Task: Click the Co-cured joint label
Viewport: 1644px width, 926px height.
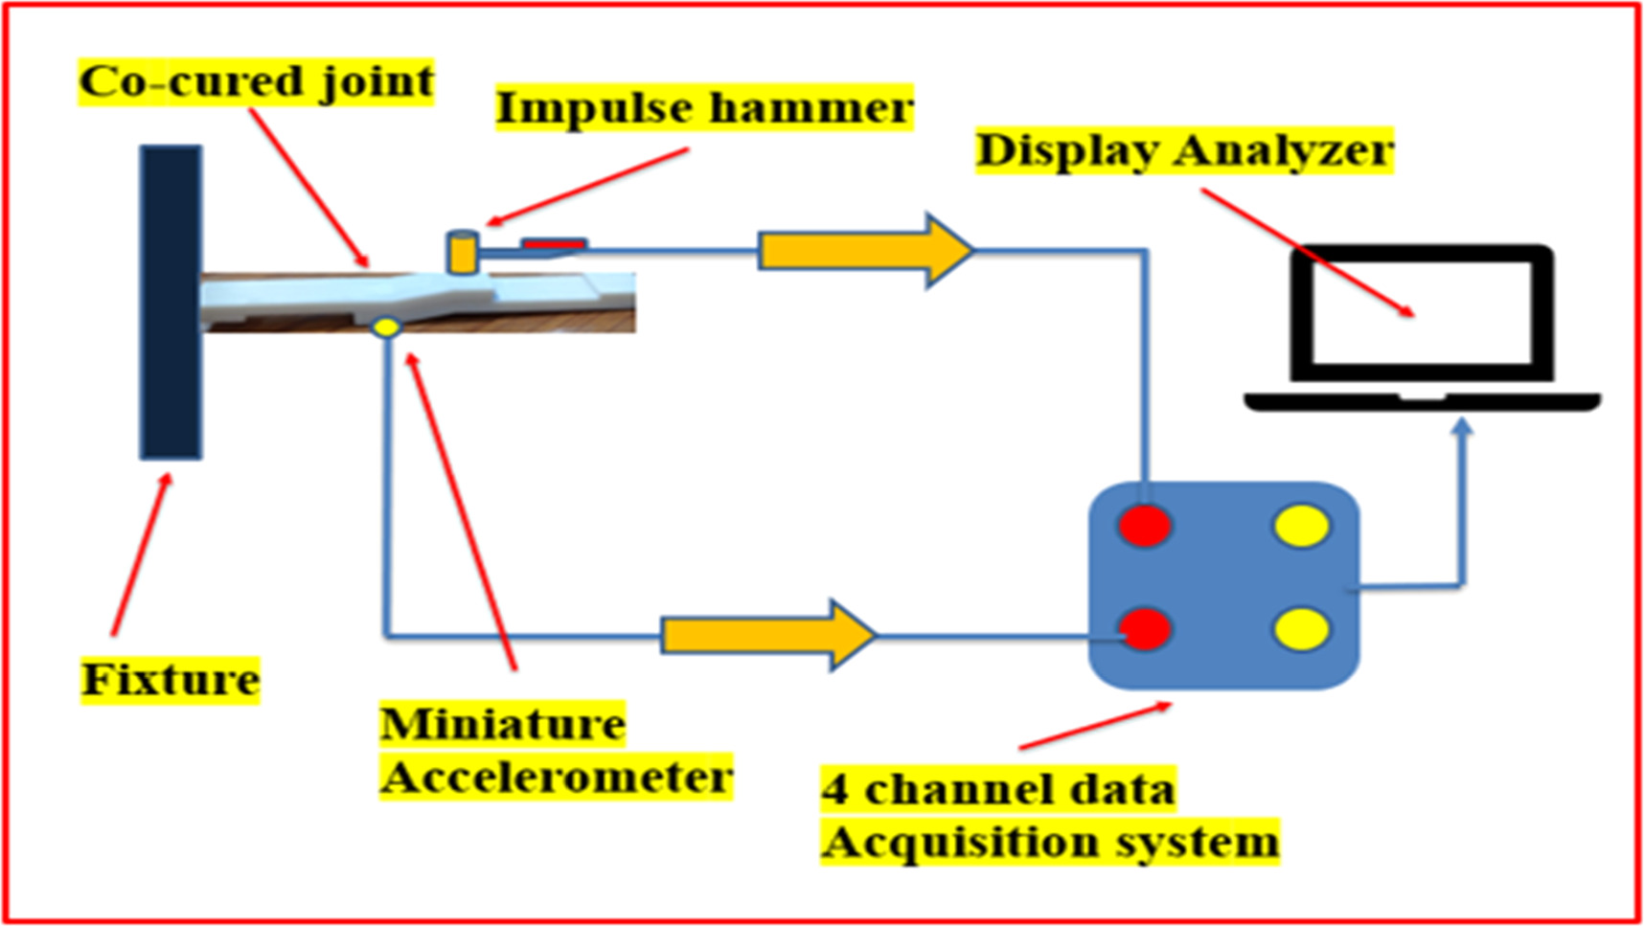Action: pyautogui.click(x=256, y=82)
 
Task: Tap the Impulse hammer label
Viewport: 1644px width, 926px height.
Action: pyautogui.click(x=704, y=107)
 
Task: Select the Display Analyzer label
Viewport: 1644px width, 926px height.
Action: pyautogui.click(x=1184, y=150)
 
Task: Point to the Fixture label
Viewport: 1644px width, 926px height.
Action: pyautogui.click(x=171, y=680)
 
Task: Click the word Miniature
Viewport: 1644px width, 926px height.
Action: pyautogui.click(x=503, y=724)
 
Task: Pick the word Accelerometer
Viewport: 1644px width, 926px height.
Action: pyautogui.click(x=557, y=777)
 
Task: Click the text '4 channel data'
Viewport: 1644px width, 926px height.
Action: pyautogui.click(x=997, y=790)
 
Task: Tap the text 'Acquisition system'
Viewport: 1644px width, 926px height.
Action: pyautogui.click(x=1050, y=843)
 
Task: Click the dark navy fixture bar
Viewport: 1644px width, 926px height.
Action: pyautogui.click(x=171, y=302)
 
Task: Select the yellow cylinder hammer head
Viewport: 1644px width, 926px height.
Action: pyautogui.click(x=463, y=252)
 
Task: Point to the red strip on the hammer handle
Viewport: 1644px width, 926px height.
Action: pyautogui.click(x=554, y=245)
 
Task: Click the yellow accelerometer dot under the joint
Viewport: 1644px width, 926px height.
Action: pyautogui.click(x=386, y=327)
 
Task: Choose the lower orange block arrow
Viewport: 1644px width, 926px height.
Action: pyautogui.click(x=767, y=634)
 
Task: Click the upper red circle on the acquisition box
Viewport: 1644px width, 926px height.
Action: pyautogui.click(x=1145, y=526)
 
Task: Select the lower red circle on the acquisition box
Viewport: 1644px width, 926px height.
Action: pyautogui.click(x=1145, y=629)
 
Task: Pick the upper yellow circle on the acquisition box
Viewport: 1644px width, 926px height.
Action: pyautogui.click(x=1302, y=526)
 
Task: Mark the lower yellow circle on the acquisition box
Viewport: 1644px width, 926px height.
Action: pyautogui.click(x=1302, y=629)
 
